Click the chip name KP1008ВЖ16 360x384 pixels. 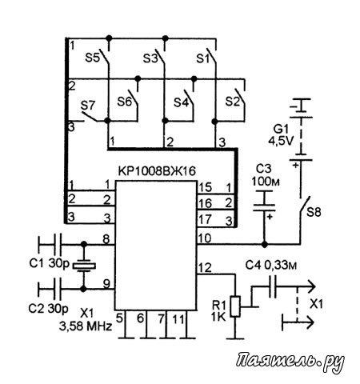coord(157,171)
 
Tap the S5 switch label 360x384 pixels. coord(92,58)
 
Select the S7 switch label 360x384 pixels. coord(88,106)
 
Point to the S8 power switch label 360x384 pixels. coord(314,212)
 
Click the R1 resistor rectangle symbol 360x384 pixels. coord(235,306)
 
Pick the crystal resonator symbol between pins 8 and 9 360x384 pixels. coord(84,266)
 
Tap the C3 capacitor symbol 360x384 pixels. coord(264,202)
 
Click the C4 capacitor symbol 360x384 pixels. coord(273,286)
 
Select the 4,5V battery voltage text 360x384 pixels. coord(281,141)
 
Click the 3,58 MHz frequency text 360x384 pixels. coord(86,326)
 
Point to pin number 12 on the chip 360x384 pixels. coord(205,268)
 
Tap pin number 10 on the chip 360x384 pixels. coord(205,238)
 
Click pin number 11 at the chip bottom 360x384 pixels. coord(178,319)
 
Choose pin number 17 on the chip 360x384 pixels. coord(205,219)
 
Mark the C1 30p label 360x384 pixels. coord(50,263)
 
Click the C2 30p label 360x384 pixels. coord(49,309)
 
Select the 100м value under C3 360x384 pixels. coord(266,182)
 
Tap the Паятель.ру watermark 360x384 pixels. coord(290,362)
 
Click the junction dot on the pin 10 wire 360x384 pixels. coord(264,244)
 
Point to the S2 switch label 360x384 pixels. coord(233,102)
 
